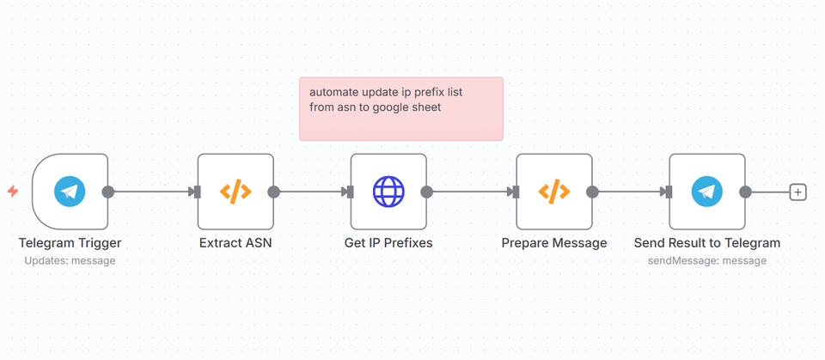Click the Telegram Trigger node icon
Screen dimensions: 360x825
coord(70,192)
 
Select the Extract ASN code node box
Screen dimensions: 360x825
coord(235,192)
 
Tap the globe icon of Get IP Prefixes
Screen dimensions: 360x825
coord(388,192)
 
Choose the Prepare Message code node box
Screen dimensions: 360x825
coord(554,192)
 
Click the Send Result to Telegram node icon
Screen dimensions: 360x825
coord(707,192)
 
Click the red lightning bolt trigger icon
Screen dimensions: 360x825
coord(13,192)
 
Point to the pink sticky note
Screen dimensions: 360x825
coord(400,108)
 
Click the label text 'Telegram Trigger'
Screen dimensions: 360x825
coord(70,243)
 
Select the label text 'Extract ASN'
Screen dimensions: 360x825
coord(235,243)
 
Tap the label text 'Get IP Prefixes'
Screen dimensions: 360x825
coord(388,243)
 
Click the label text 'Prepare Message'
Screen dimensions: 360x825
coord(554,243)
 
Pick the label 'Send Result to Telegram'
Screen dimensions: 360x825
coord(707,243)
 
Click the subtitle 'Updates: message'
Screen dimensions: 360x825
coord(70,260)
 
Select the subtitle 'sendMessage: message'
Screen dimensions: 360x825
coord(707,260)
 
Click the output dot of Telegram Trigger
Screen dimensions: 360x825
coord(108,192)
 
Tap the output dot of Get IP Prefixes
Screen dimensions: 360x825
coord(427,192)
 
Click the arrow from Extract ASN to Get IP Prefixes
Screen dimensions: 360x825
coord(311,192)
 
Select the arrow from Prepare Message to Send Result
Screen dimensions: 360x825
coord(630,192)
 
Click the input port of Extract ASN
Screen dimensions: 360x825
coord(198,192)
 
